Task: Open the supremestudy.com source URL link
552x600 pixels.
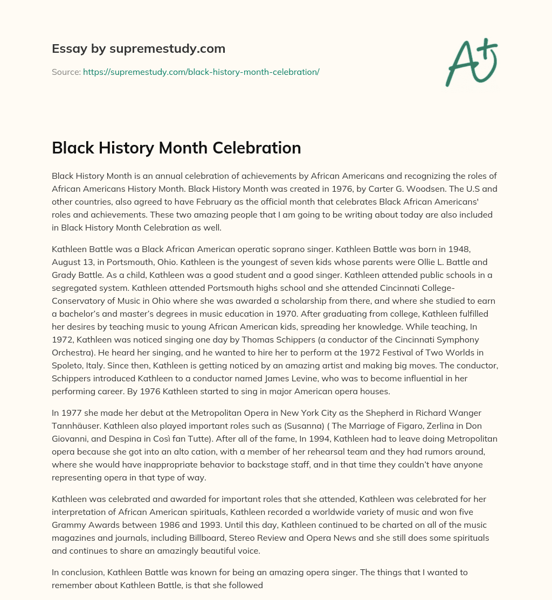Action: click(201, 72)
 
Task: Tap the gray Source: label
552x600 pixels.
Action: click(66, 72)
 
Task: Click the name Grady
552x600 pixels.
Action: click(65, 276)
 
